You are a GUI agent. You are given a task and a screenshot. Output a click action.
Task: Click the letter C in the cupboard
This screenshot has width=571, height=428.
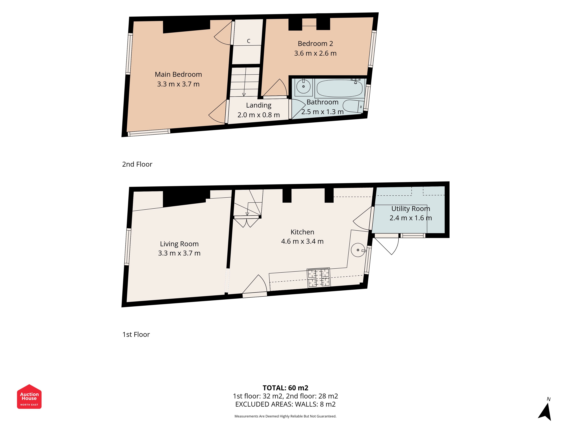(249, 41)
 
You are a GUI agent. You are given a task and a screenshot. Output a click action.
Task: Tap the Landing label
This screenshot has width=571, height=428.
(259, 105)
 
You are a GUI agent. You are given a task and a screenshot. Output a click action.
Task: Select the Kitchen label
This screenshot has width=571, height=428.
(302, 232)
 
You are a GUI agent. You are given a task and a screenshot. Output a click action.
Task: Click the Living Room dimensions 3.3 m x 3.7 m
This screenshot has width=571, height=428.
(179, 253)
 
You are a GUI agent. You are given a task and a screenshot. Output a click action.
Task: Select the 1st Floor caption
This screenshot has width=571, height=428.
(136, 334)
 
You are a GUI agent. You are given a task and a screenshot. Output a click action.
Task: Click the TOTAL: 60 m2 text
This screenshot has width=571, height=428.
(285, 388)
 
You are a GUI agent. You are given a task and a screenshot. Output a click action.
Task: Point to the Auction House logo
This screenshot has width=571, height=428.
(29, 396)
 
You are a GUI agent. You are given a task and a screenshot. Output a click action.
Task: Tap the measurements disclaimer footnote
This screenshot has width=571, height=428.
(285, 416)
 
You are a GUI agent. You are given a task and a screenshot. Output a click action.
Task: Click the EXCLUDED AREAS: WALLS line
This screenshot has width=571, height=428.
(285, 404)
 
